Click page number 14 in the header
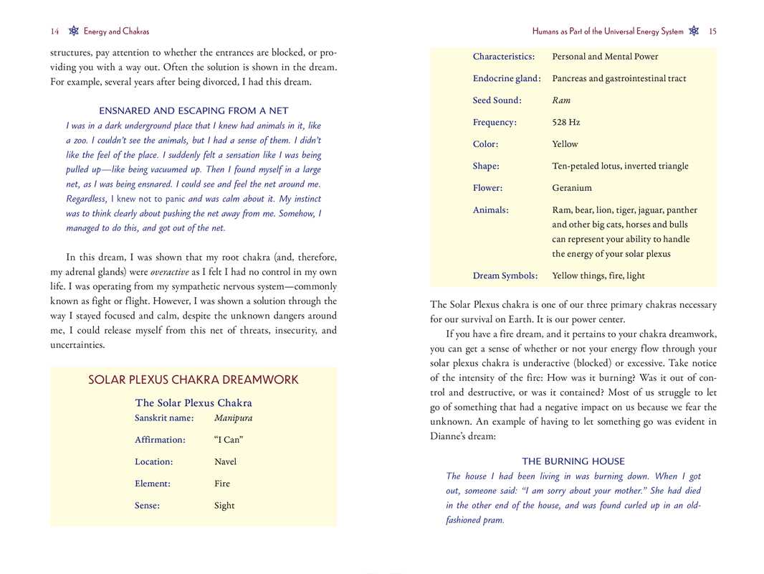(54, 32)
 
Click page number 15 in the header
(712, 32)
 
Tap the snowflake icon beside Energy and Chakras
(73, 31)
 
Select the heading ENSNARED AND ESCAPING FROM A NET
(194, 110)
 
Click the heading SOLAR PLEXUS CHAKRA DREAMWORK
(194, 380)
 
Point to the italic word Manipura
(233, 418)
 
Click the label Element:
(153, 484)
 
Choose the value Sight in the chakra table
(224, 506)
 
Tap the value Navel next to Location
(225, 462)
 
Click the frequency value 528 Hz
(565, 123)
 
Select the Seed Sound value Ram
(561, 100)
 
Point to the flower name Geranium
(572, 188)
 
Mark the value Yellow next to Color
(565, 144)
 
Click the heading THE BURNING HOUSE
(573, 461)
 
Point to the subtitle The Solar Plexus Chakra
(194, 403)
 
